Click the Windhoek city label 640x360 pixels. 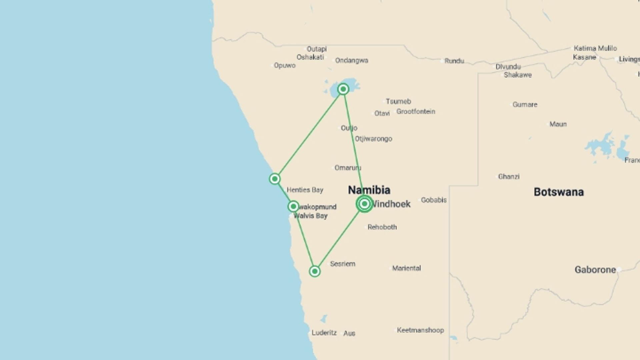[x=391, y=204]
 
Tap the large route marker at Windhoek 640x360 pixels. [x=364, y=204]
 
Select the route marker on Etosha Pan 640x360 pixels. [x=343, y=89]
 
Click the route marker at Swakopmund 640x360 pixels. [x=293, y=206]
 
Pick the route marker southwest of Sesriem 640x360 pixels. [x=315, y=271]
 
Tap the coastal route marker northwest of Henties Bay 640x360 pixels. [x=275, y=179]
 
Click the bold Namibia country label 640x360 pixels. [x=369, y=190]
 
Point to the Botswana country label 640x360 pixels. [x=559, y=192]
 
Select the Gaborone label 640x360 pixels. [x=595, y=270]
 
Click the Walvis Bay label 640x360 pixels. [x=311, y=216]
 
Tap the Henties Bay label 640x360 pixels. [x=305, y=190]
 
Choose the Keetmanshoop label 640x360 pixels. [x=420, y=330]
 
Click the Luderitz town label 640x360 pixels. [x=324, y=333]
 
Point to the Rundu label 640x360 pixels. [x=454, y=61]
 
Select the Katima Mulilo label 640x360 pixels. [x=595, y=48]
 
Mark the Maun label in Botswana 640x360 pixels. [x=558, y=124]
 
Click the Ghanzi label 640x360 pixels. [x=509, y=177]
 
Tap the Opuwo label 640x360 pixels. [x=285, y=65]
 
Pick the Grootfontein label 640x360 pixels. [x=416, y=112]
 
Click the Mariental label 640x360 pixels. [x=406, y=268]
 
